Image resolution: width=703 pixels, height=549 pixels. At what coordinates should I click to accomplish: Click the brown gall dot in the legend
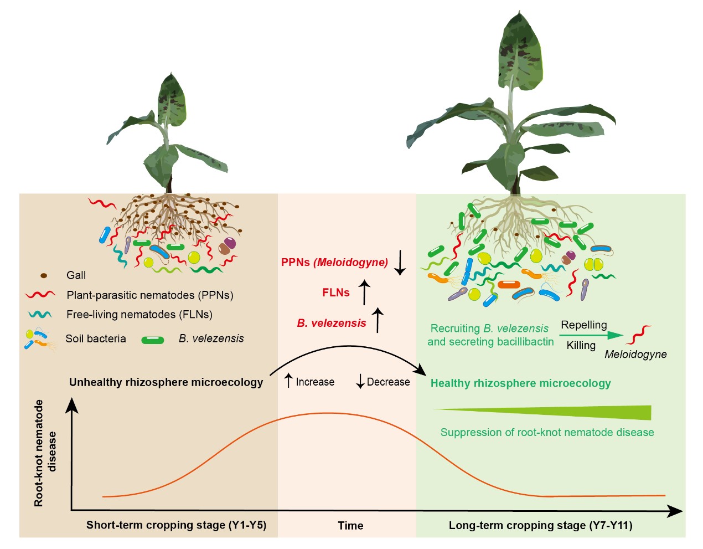44,275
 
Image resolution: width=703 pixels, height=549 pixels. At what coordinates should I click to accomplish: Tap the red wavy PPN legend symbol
40,295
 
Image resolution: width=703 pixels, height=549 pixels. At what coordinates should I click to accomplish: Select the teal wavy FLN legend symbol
40,314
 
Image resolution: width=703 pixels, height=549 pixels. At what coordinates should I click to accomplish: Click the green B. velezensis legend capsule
153,340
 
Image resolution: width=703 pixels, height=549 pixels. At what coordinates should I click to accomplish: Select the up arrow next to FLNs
364,292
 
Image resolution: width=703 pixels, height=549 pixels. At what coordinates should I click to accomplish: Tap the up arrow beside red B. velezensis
378,320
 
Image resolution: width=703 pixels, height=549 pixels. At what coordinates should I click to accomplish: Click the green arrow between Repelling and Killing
591,335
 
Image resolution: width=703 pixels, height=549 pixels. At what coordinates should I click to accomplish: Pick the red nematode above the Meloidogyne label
638,335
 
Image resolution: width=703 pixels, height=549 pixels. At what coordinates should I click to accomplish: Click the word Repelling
584,325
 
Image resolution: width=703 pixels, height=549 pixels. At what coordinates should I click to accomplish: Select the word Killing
581,346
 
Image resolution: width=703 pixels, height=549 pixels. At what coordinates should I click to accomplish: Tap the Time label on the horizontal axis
350,526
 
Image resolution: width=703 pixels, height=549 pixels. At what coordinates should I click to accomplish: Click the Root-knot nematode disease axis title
45,453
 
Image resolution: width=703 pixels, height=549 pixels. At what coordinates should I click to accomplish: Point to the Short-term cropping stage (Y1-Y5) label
176,525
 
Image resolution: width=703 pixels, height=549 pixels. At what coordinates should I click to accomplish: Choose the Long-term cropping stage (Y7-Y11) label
540,525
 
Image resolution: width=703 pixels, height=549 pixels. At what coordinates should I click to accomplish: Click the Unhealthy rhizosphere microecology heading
166,382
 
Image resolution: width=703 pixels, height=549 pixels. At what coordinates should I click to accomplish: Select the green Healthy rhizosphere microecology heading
520,383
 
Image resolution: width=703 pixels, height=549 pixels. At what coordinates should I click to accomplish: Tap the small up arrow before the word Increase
288,381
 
